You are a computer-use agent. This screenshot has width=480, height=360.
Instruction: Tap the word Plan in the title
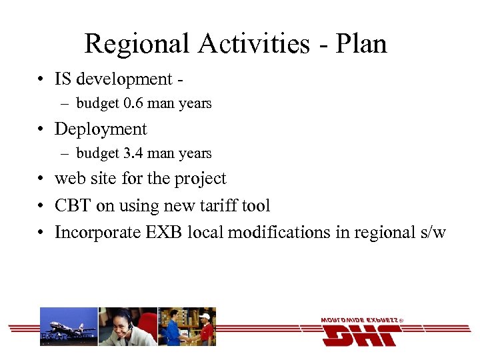pyautogui.click(x=361, y=44)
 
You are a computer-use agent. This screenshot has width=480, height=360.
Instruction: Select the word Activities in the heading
pyautogui.click(x=255, y=44)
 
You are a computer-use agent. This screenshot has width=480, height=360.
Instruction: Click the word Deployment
pyautogui.click(x=101, y=129)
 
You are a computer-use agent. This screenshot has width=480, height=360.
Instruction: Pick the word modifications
pyautogui.click(x=279, y=233)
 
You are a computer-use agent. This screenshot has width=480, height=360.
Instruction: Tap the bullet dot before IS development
pyautogui.click(x=41, y=79)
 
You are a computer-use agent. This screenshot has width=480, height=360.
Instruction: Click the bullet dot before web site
pyautogui.click(x=41, y=179)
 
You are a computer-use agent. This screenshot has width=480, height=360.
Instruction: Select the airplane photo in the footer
pyautogui.click(x=69, y=327)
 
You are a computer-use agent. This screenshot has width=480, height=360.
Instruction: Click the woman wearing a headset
pyautogui.click(x=127, y=327)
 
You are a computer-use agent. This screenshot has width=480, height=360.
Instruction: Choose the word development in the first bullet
pyautogui.click(x=124, y=79)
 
